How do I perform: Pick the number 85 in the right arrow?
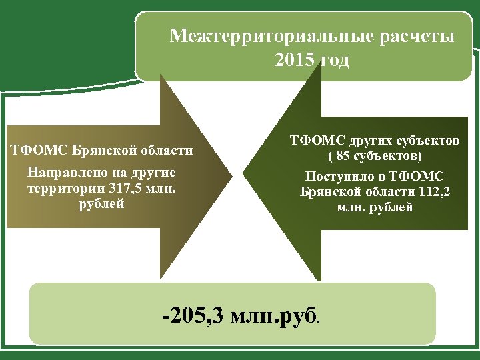tap(343, 157)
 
